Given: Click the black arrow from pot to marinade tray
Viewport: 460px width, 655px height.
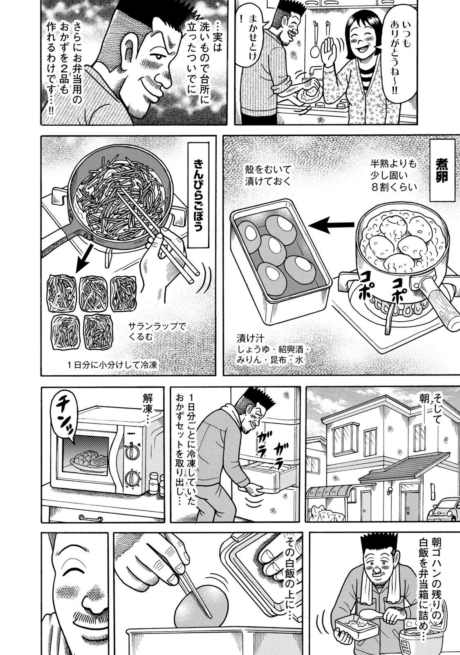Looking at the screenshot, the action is (x=333, y=225).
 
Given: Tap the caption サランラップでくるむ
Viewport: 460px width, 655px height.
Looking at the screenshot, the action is (x=157, y=331).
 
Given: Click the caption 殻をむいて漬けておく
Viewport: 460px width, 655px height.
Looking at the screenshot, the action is (x=268, y=176).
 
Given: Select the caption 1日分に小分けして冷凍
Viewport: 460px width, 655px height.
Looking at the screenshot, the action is (x=112, y=365).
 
